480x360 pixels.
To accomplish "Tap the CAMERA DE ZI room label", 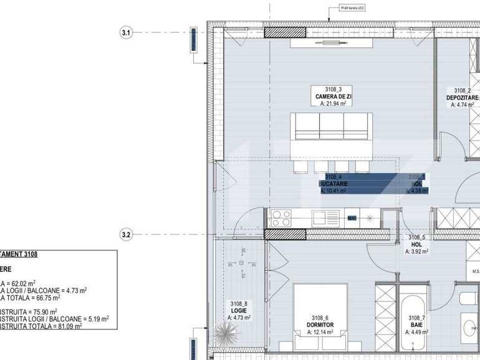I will [x=332, y=97].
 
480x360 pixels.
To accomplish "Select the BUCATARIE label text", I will [x=334, y=184].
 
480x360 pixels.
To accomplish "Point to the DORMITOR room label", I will [x=320, y=325].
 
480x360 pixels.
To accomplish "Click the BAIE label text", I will [x=416, y=325].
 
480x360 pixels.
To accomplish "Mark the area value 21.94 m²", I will [x=333, y=105].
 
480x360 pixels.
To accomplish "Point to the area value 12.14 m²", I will [x=320, y=333].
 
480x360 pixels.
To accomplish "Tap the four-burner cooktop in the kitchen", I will [x=281, y=218].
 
